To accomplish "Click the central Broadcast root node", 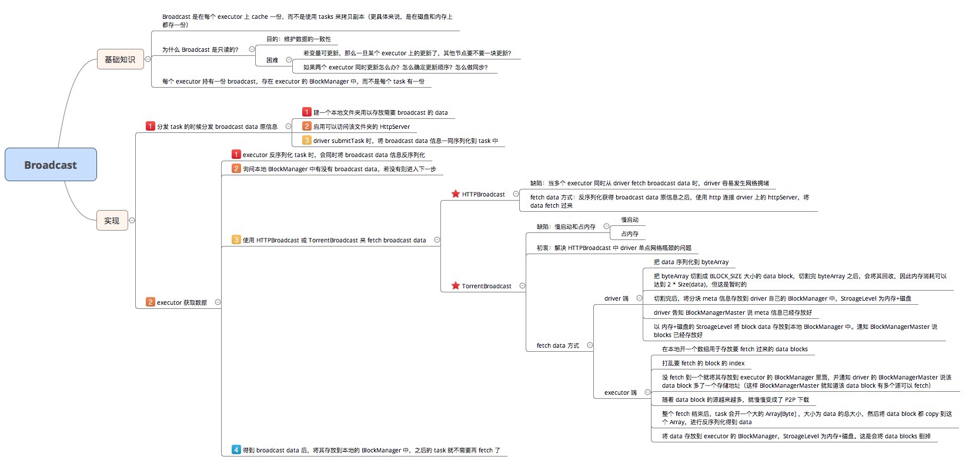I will [51, 165].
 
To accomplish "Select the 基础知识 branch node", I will [120, 59].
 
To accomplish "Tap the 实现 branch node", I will [112, 221].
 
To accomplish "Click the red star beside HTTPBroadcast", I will [455, 194].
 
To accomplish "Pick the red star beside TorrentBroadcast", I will [455, 285].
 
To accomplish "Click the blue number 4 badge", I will [236, 449].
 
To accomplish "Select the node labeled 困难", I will [272, 60].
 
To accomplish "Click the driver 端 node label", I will [616, 298].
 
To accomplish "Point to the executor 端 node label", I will [620, 392].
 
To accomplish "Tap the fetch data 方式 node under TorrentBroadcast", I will [557, 345].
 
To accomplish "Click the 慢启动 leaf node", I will [630, 219].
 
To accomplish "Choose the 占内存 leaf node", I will [630, 234].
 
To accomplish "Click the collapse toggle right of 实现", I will [132, 221].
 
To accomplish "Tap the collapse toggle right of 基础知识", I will [148, 59].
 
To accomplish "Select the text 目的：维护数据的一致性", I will [299, 39].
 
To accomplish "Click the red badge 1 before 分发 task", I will [151, 126].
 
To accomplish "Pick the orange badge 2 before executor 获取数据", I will [151, 302].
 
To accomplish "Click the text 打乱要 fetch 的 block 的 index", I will [703, 363].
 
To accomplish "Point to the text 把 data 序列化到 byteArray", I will [691, 262].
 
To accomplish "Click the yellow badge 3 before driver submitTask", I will [307, 140].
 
